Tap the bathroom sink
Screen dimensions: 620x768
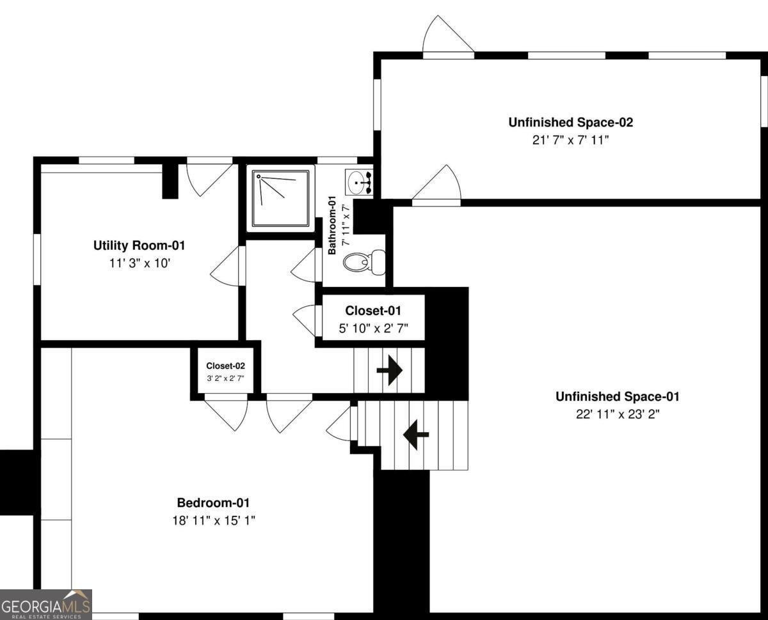[x=358, y=182]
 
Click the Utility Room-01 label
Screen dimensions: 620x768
[x=139, y=245]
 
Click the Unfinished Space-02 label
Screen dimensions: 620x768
[x=570, y=122]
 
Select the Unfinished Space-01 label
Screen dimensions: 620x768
[x=617, y=396]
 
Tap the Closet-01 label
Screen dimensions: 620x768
[x=373, y=311]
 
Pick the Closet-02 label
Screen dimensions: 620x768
[x=225, y=366]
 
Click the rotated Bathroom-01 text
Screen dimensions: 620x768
[x=332, y=227]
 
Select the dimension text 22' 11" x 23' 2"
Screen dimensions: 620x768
[x=617, y=414]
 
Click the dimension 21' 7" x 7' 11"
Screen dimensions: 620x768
[x=570, y=140]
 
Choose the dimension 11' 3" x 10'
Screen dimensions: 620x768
[x=139, y=263]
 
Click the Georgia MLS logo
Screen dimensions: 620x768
[x=46, y=604]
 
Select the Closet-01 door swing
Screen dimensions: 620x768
[x=305, y=320]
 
